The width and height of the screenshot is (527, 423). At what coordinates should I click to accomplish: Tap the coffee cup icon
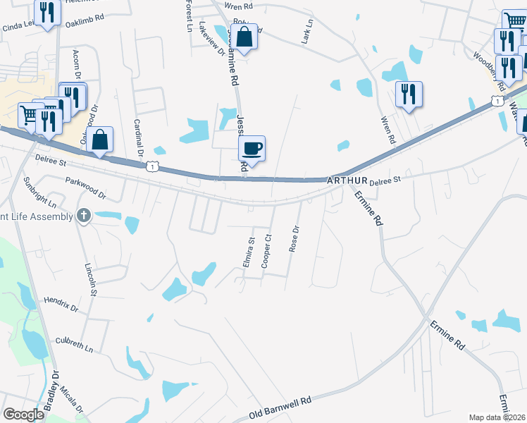click(252, 149)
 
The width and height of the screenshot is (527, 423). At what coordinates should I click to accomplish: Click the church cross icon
click(84, 216)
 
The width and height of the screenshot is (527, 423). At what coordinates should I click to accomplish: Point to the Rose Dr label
click(294, 239)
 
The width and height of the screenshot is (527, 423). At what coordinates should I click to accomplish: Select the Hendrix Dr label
click(61, 304)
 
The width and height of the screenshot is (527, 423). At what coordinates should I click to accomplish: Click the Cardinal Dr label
click(139, 137)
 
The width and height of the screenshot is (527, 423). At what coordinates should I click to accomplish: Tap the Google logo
click(23, 415)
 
